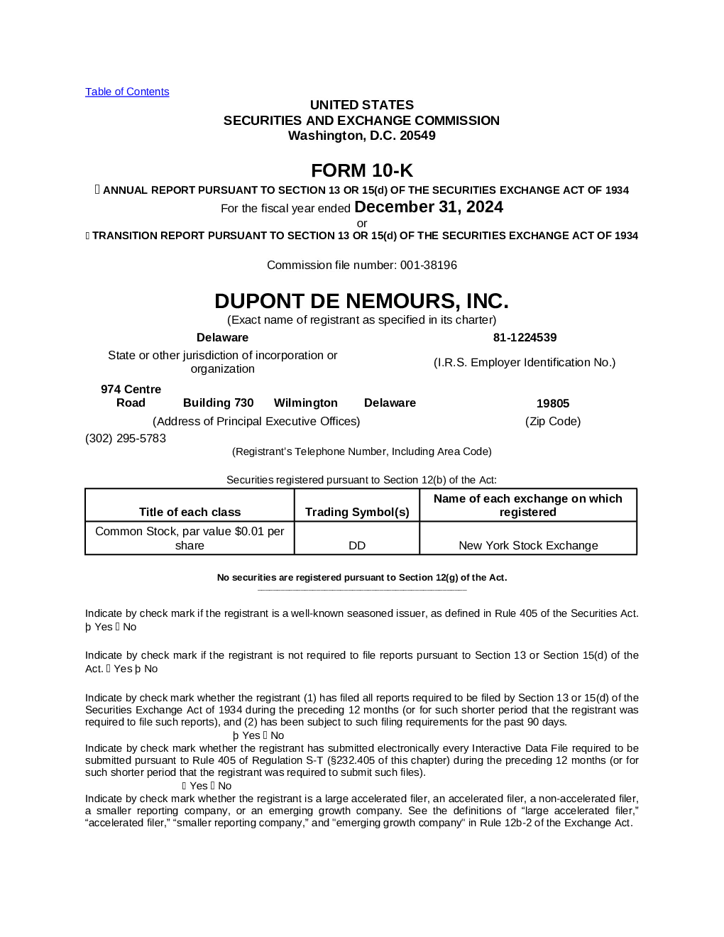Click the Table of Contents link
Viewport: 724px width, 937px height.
[x=127, y=92]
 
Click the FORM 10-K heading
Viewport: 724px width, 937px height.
[x=362, y=170]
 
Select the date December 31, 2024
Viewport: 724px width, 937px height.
[x=429, y=207]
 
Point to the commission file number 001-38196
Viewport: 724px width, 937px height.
[x=429, y=265]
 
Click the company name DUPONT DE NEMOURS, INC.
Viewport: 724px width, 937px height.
[x=362, y=301]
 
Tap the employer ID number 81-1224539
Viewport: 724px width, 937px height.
[x=525, y=337]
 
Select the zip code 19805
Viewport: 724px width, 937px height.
[x=553, y=403]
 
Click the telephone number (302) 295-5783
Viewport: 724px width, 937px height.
[x=126, y=438]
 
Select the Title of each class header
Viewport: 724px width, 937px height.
[x=190, y=512]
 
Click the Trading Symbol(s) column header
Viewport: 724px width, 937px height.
[x=357, y=512]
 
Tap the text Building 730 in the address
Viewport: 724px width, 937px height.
[x=218, y=402]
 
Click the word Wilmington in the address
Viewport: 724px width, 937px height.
[x=306, y=402]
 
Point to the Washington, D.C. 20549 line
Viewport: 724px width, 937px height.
[x=362, y=136]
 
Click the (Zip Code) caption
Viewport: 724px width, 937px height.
[x=553, y=421]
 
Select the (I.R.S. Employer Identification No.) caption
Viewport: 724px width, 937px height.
[x=525, y=362]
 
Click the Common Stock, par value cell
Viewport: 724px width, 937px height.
[x=190, y=538]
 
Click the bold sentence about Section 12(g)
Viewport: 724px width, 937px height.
[x=362, y=577]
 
